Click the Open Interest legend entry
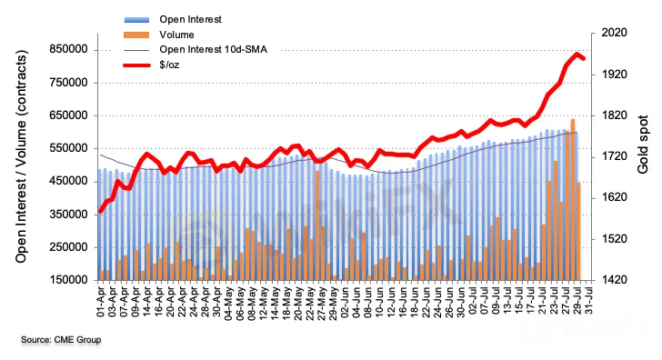[x=190, y=19]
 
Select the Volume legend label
[x=176, y=35]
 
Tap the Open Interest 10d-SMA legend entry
[x=213, y=50]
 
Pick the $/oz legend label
[x=169, y=65]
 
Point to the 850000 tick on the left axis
[x=68, y=50]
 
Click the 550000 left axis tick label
[x=68, y=148]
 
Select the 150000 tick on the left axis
[x=68, y=280]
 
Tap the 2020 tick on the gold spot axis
[x=615, y=33]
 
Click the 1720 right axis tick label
[x=615, y=156]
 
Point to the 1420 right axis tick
[x=615, y=280]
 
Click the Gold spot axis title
[x=643, y=145]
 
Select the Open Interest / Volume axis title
[x=21, y=156]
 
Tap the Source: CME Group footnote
[x=61, y=340]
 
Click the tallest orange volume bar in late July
[x=573, y=200]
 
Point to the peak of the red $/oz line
[x=577, y=54]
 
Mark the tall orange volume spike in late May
[x=317, y=225]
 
